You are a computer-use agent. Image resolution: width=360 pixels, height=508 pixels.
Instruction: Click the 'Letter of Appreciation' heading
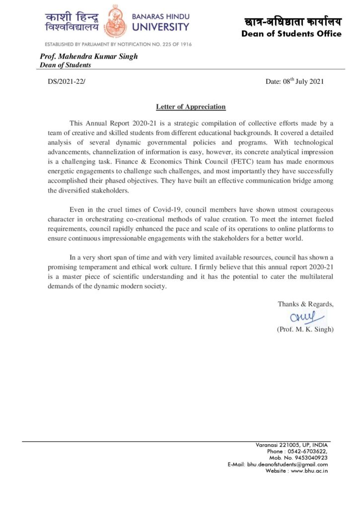coord(191,107)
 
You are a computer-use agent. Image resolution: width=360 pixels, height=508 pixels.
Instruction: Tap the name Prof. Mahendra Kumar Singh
coord(88,56)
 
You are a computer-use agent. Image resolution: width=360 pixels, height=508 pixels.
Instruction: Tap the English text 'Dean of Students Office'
coord(291,34)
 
